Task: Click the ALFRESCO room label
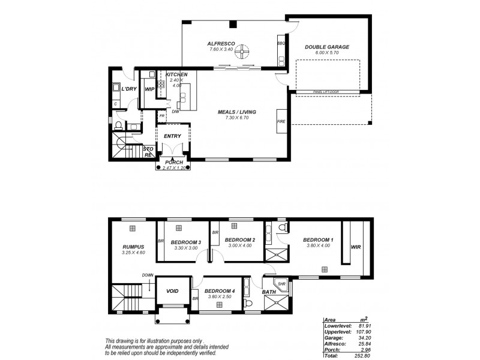221,44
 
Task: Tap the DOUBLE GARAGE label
327,47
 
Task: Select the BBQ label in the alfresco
280,44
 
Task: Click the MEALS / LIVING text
233,112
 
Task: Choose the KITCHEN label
177,74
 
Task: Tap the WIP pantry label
149,89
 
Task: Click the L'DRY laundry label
128,89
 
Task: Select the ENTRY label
172,136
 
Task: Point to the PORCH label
173,163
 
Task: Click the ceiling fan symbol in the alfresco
242,52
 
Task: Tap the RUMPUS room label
132,245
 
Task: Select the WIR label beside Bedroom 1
355,246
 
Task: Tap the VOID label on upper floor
173,291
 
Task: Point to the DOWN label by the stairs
147,275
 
